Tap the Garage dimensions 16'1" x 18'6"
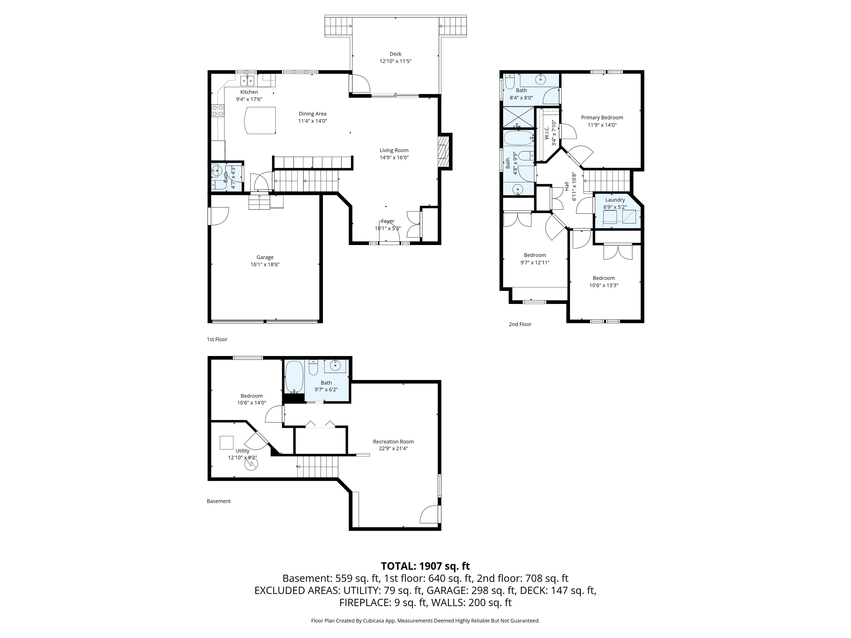pyautogui.click(x=265, y=265)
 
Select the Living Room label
pyautogui.click(x=394, y=150)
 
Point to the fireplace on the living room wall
pyautogui.click(x=445, y=152)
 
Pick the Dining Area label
pyautogui.click(x=312, y=114)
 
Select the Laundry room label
pyautogui.click(x=615, y=200)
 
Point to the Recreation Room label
pyautogui.click(x=393, y=442)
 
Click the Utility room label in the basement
pyautogui.click(x=242, y=451)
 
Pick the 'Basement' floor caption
pyautogui.click(x=219, y=501)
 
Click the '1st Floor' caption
pyautogui.click(x=217, y=339)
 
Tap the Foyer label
pyautogui.click(x=388, y=221)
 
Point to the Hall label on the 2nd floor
pyautogui.click(x=567, y=186)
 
